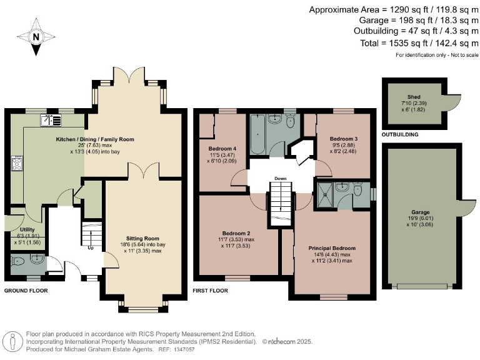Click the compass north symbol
pyautogui.click(x=36, y=36)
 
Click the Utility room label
pyautogui.click(x=27, y=229)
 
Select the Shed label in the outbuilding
pyautogui.click(x=414, y=97)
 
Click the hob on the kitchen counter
pyautogui.click(x=17, y=164)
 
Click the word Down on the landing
pyautogui.click(x=280, y=179)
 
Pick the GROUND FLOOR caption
pyautogui.click(x=26, y=291)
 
